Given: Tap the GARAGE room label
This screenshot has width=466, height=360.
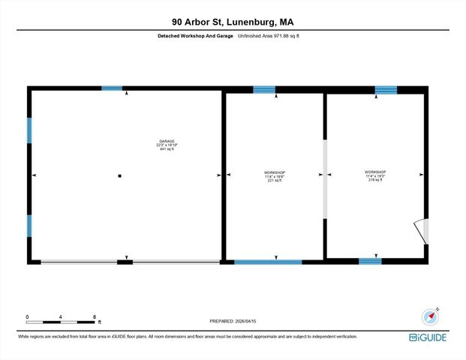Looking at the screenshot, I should (166, 142).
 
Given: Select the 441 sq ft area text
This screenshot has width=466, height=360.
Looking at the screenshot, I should (166, 150).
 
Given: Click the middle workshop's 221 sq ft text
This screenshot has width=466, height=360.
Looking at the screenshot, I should (275, 181).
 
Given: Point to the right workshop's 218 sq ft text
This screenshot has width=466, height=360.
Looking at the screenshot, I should (374, 180).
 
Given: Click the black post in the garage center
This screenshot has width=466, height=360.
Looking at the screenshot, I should (119, 176).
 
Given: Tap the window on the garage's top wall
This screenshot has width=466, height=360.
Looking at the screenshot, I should (112, 88).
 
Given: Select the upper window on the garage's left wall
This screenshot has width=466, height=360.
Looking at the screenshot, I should (29, 130).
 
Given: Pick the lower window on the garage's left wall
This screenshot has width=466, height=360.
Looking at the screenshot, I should (29, 226).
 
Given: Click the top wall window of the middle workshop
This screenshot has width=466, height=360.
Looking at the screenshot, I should (264, 90).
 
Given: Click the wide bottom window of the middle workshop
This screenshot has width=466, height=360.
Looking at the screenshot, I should (268, 262).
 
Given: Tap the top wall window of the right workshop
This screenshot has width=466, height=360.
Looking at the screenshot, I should (386, 90).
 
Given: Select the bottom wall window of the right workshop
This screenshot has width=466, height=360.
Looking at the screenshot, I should (370, 261).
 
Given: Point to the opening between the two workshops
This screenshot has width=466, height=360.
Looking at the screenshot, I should (325, 180).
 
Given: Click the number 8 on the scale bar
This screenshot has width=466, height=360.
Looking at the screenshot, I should (95, 317).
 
